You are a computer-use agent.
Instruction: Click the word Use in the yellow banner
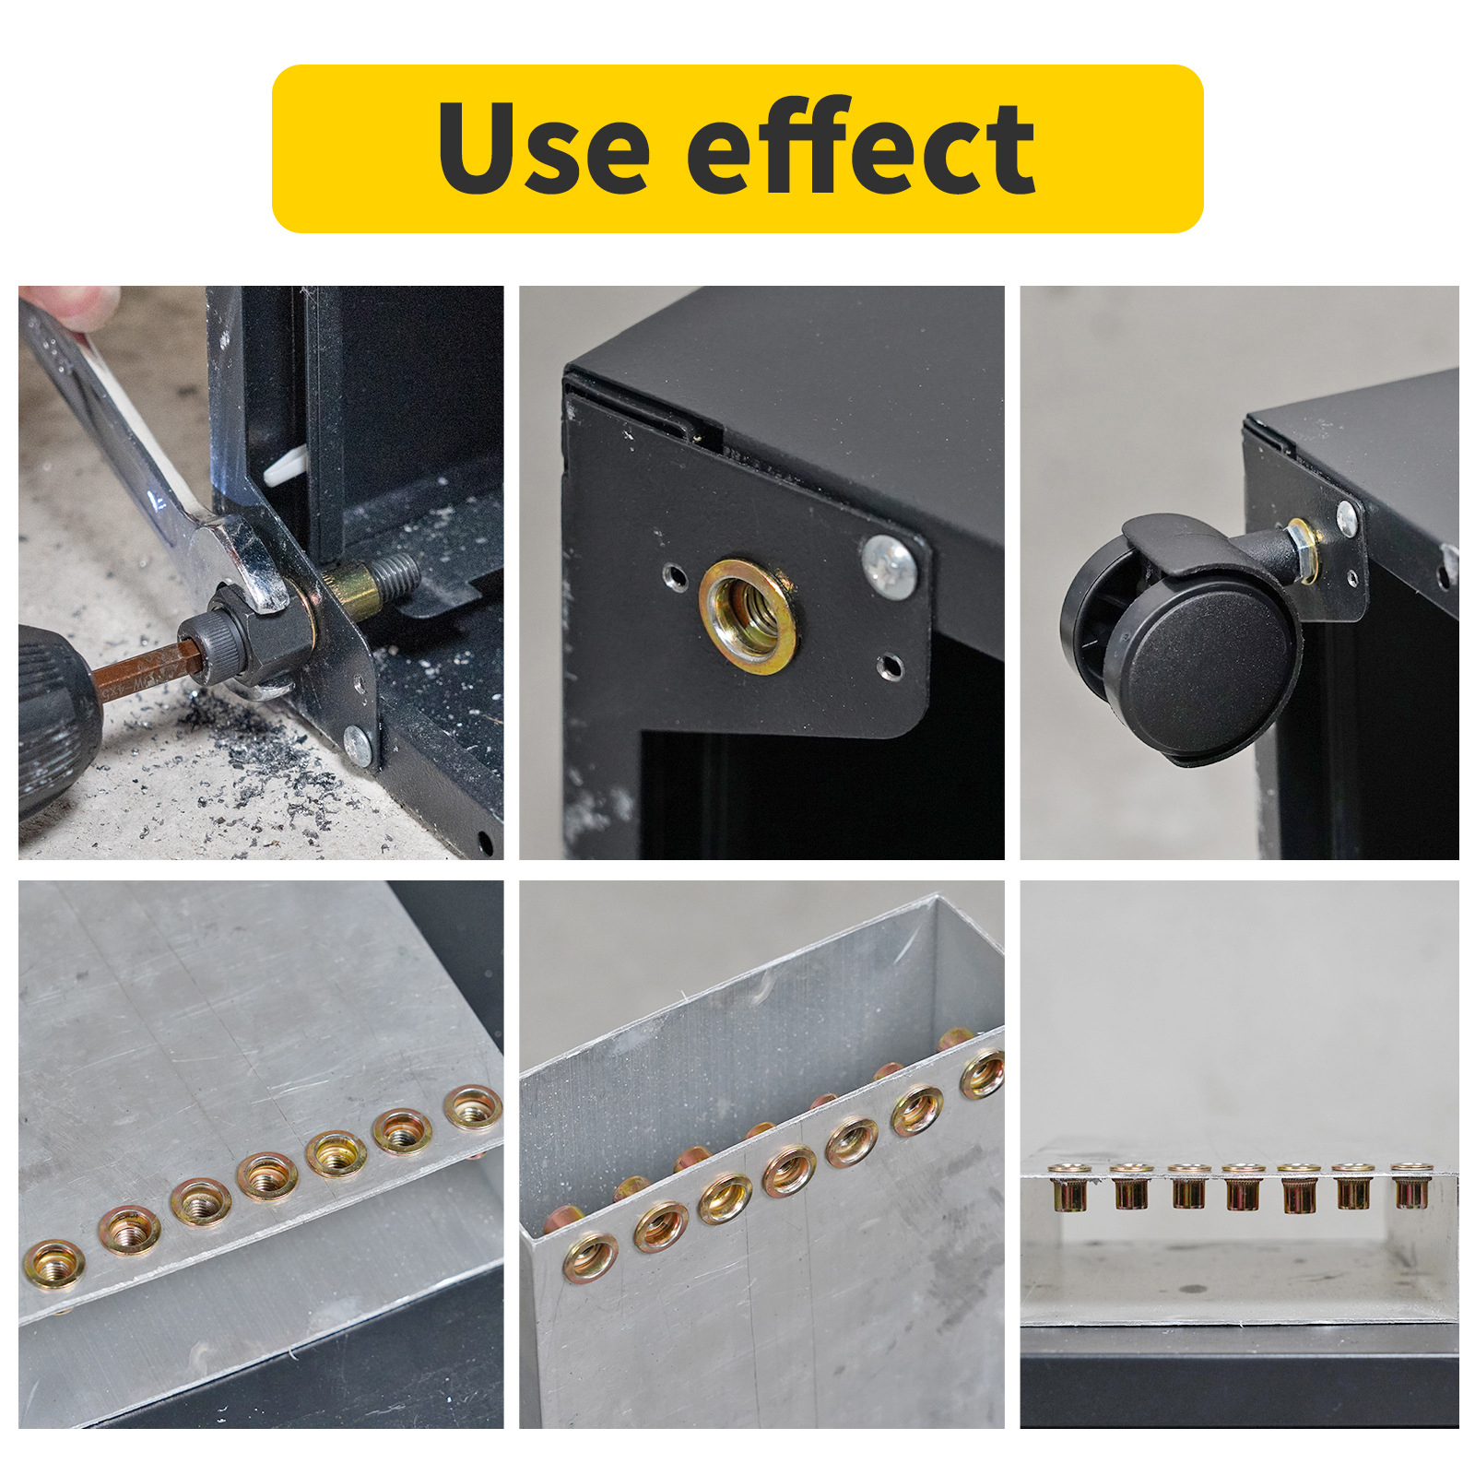(544, 147)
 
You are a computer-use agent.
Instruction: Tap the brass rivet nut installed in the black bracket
(748, 616)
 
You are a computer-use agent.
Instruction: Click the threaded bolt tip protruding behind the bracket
(395, 574)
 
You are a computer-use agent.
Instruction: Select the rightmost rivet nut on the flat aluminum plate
(473, 1107)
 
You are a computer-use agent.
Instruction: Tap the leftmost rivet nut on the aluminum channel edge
(590, 1257)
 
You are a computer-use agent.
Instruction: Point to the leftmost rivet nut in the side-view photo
(1070, 1187)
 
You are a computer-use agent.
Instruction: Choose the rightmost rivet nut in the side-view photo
(1412, 1186)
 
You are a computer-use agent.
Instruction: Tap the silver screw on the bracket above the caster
(1347, 519)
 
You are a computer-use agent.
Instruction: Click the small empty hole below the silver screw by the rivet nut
(890, 666)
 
